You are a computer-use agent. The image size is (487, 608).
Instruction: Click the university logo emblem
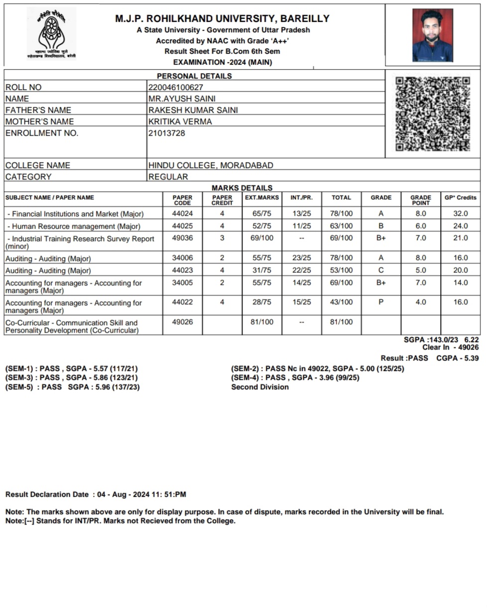coord(52,33)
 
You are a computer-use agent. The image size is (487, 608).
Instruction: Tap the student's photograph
coord(432,35)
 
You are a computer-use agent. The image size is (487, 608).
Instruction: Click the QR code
coord(432,114)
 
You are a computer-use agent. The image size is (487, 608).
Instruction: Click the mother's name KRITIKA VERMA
coord(180,121)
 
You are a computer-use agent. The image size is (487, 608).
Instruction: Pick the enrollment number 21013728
coord(167,133)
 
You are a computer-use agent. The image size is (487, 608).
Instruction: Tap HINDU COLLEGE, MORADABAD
coord(211,165)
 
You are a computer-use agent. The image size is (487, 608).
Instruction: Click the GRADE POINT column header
coord(421,200)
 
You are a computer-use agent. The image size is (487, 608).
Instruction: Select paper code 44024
coord(182,213)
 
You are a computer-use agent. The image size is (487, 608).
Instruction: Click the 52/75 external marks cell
coord(261,226)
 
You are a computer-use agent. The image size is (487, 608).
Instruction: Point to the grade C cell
coord(381,270)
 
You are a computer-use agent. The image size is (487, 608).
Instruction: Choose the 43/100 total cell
coord(341,302)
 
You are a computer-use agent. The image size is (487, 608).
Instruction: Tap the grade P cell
coord(381,302)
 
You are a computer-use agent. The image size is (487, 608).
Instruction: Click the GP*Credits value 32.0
coord(460,213)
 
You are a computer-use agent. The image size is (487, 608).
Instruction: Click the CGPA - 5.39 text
coord(457,358)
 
